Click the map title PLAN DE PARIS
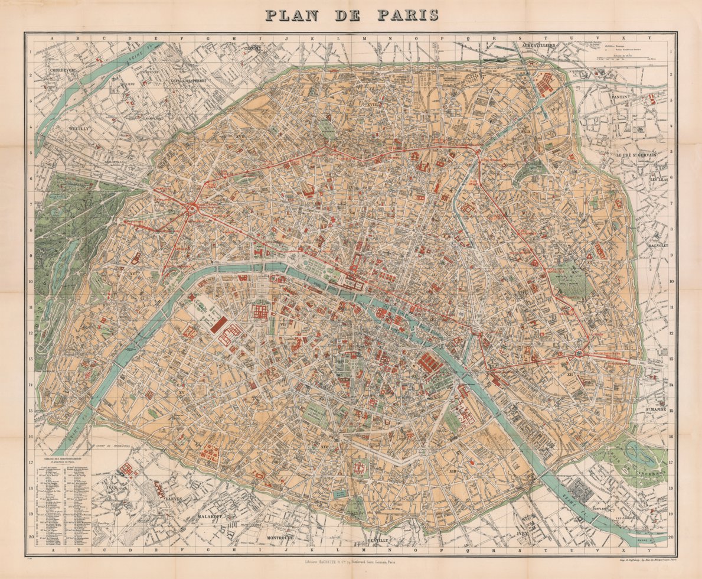pyautogui.click(x=352, y=14)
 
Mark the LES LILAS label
pyautogui.click(x=659, y=178)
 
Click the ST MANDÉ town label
pyautogui.click(x=655, y=407)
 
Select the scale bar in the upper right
pyautogui.click(x=626, y=60)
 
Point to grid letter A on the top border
pyautogui.click(x=51, y=38)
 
